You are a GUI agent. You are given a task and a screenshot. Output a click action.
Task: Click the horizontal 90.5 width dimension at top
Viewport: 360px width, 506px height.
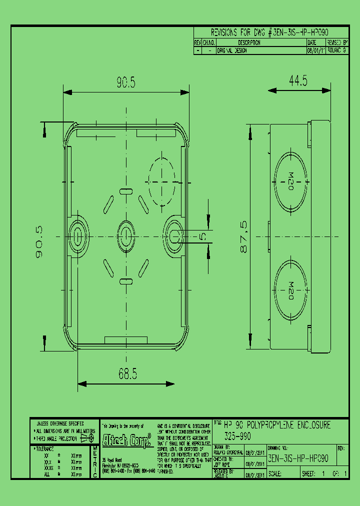pos(126,82)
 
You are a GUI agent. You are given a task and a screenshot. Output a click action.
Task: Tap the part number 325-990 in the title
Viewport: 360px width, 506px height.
pos(237,435)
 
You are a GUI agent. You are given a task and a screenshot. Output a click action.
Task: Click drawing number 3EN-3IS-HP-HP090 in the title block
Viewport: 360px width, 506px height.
pos(298,458)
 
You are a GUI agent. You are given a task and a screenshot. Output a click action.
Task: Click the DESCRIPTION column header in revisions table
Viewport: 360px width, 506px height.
pos(249,43)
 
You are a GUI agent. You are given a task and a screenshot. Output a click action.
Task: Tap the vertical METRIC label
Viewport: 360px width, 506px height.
pos(95,461)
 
